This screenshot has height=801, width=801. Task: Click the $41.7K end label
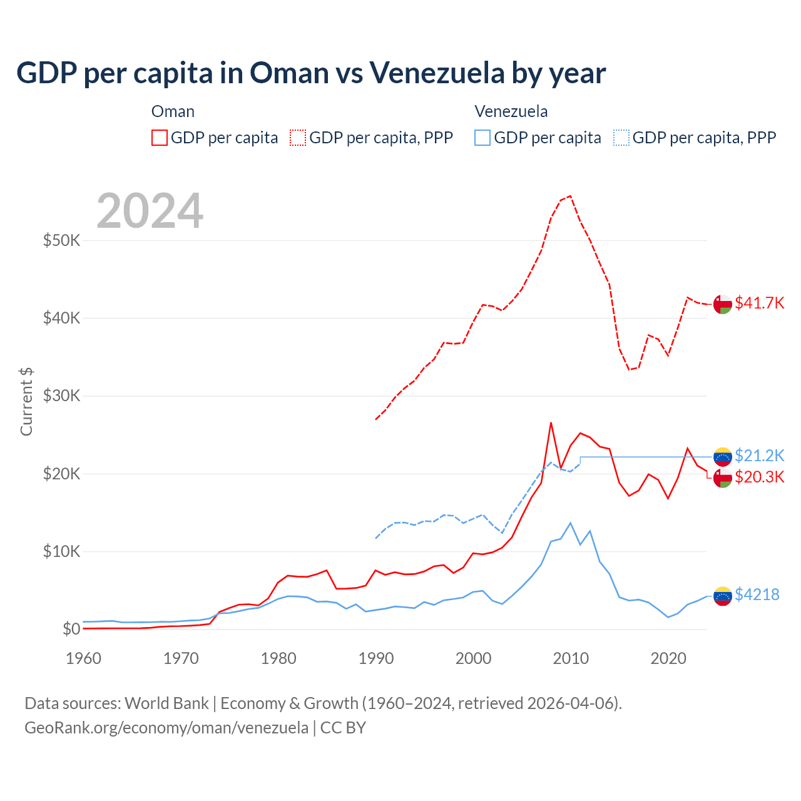[x=759, y=303]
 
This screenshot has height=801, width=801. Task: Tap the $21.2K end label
[x=759, y=456]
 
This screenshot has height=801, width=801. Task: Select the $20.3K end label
[x=759, y=477]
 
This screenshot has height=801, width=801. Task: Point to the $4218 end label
[x=757, y=594]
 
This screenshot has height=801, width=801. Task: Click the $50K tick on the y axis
[x=61, y=240]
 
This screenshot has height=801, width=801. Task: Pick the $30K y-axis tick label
[x=61, y=396]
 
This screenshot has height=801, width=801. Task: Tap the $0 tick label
[x=71, y=629]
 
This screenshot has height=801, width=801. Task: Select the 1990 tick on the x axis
[x=376, y=658]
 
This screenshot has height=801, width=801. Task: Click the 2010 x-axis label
[x=571, y=658]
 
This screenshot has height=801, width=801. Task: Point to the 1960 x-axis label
[x=84, y=658]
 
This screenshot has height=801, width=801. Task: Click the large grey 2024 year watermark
[x=150, y=210]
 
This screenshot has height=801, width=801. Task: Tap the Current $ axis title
[x=26, y=402]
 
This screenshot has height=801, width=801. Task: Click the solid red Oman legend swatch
[x=160, y=138]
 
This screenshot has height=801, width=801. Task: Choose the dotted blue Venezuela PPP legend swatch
[x=621, y=138]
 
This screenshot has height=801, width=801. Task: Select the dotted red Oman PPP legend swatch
[x=298, y=138]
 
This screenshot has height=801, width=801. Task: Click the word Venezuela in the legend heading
[x=511, y=111]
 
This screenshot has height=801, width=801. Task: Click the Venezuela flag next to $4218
[x=723, y=596]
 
